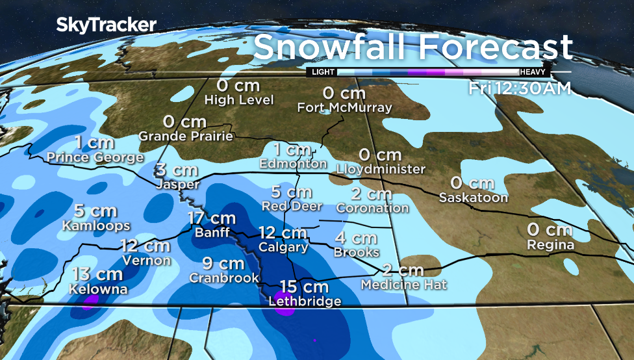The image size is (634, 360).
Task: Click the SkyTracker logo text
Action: coord(106,25)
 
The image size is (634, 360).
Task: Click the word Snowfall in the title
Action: coord(330,47)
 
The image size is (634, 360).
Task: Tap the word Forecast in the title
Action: coord(497,47)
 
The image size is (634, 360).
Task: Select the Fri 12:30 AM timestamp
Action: coord(520,88)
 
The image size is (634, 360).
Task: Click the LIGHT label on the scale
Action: coord(323,72)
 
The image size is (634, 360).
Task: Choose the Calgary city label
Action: coord(283,248)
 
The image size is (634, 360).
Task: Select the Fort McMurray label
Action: coord(345,108)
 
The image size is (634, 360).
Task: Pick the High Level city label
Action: coord(238,100)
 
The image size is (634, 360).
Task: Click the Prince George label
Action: coord(95,157)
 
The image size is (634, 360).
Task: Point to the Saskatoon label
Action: coord(473,198)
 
